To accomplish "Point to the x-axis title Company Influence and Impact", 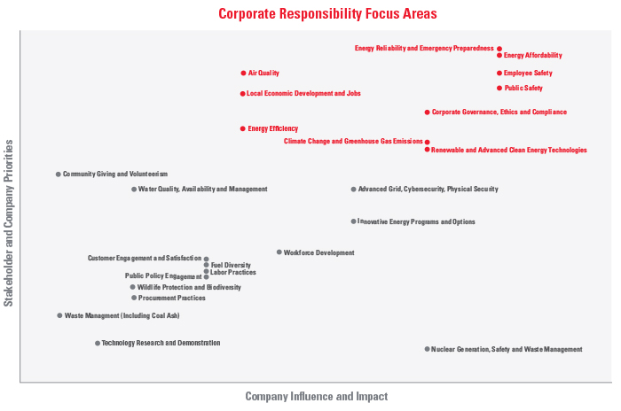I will point(316,397).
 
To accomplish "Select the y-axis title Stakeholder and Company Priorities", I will point(9,222).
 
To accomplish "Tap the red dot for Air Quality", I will point(243,73).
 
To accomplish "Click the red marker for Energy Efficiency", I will point(243,128).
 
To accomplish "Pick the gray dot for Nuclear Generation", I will point(427,349).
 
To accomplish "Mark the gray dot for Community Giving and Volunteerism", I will point(59,174).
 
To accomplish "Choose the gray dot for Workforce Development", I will point(279,252).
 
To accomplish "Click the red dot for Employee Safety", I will point(499,73).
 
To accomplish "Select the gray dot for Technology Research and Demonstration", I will point(98,343).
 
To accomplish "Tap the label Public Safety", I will point(523,89).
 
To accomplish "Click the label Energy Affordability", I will point(533,56).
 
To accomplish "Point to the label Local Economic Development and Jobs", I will point(303,93).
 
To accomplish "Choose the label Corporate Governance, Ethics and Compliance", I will point(499,112).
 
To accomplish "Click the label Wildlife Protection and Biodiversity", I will point(189,287).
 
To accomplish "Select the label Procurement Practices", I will point(172,298).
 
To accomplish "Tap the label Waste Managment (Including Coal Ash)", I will point(122,315).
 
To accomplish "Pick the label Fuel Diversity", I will point(231,265).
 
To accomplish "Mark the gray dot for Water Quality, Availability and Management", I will point(134,189).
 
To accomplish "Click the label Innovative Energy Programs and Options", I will point(417,221).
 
